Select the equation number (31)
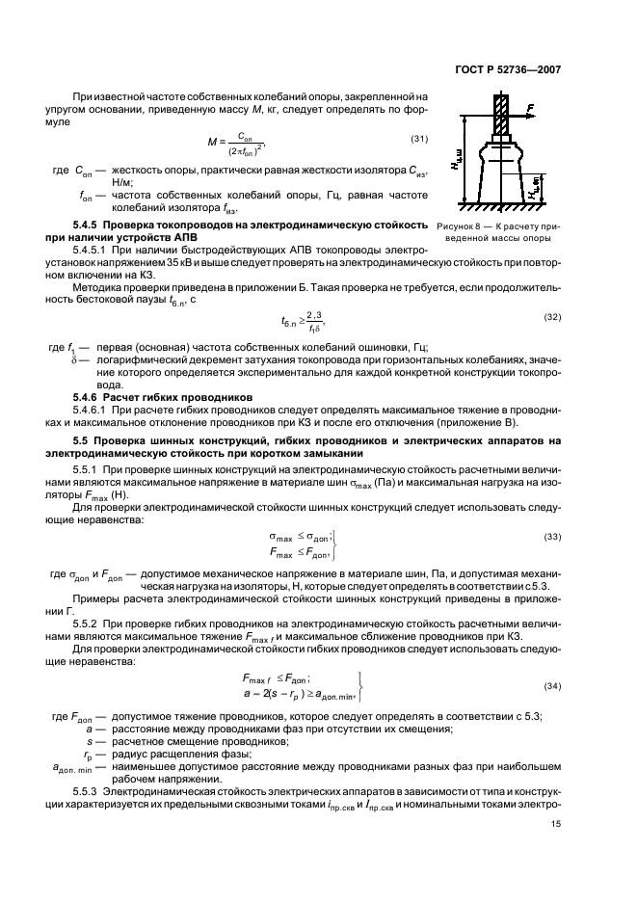[419, 141]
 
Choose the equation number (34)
[553, 685]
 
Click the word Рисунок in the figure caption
[457, 225]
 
